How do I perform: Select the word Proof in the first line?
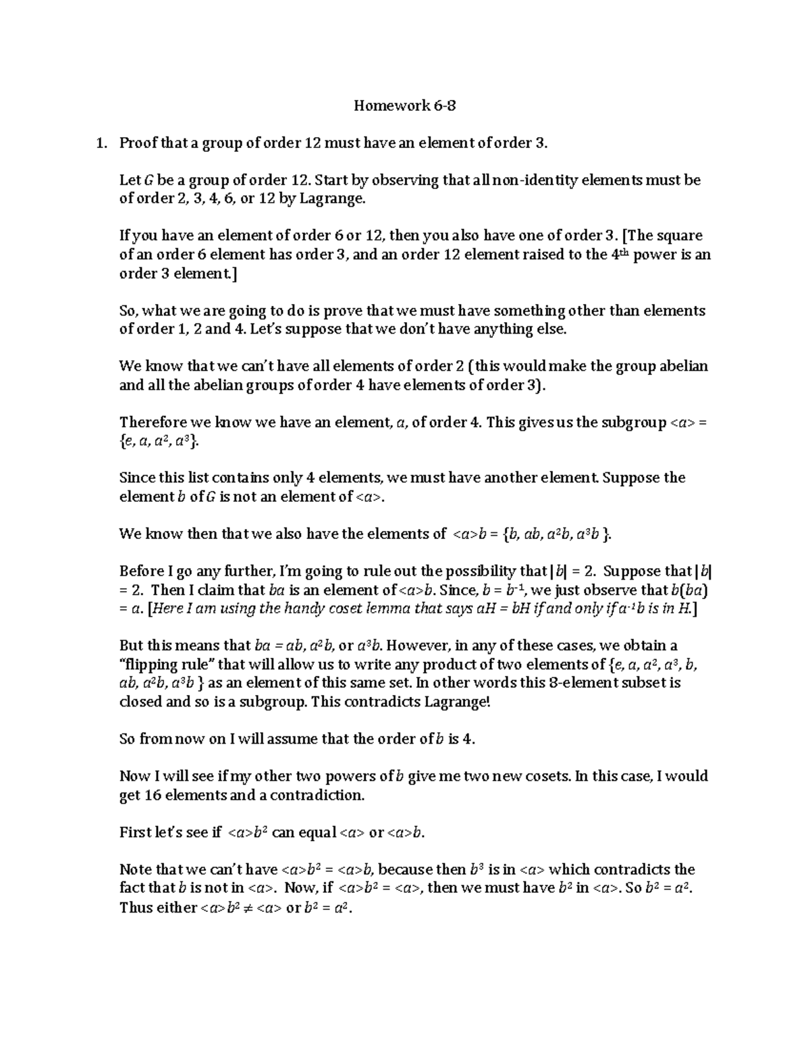138,143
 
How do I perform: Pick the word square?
678,236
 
